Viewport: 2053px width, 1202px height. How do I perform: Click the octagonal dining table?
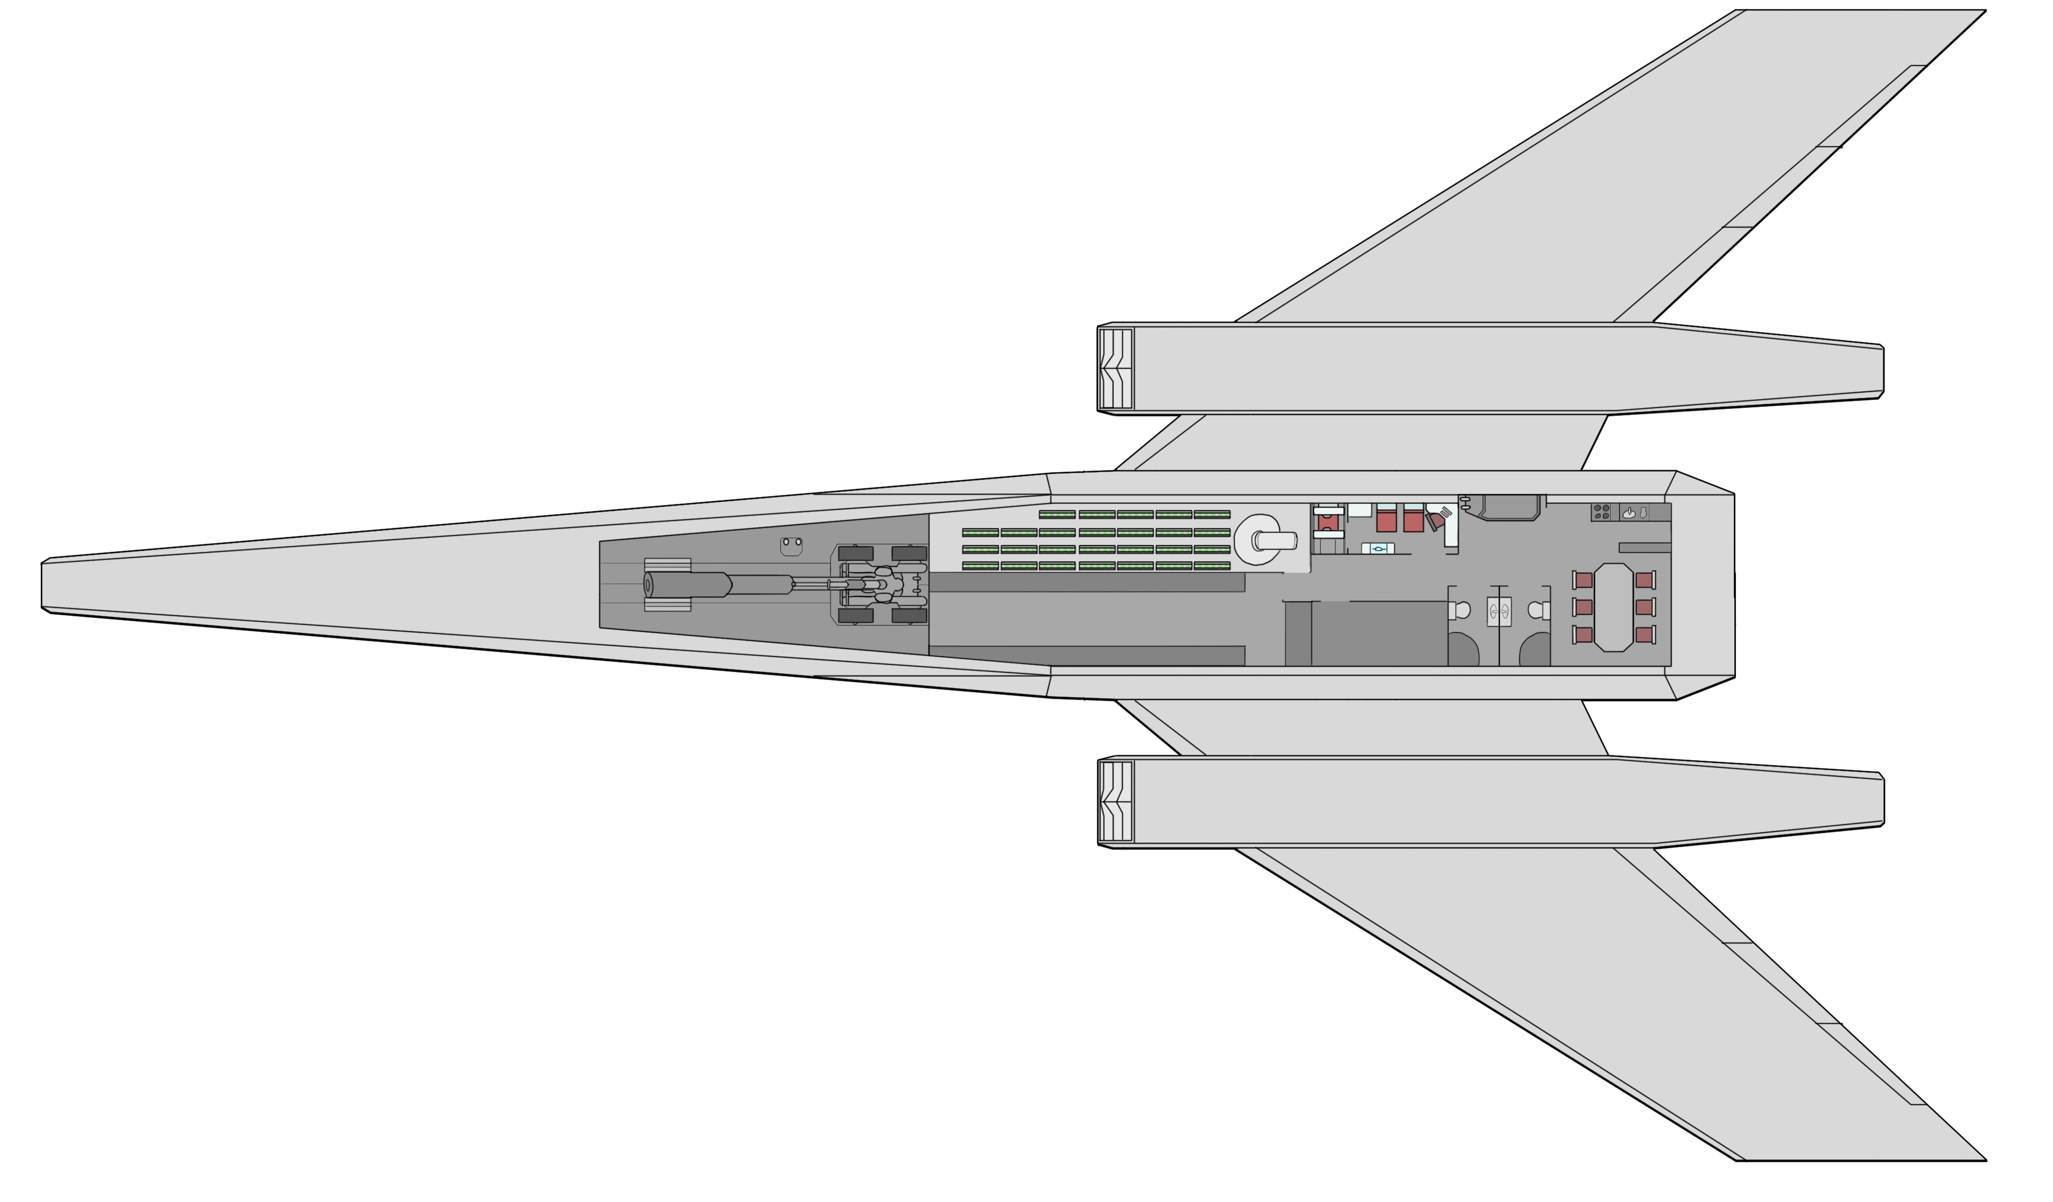click(x=1613, y=607)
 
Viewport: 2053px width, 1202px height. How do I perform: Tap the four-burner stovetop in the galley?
click(x=1601, y=512)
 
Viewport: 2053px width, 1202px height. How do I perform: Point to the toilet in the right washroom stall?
click(x=1536, y=609)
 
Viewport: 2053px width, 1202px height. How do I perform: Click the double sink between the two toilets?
click(x=1498, y=611)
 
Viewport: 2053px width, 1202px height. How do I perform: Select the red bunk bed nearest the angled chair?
click(x=1413, y=519)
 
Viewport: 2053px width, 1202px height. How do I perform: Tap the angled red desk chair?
click(x=1436, y=520)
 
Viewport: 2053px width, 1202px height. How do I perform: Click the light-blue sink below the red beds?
click(x=1378, y=548)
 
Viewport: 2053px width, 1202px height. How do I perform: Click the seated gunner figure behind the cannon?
click(x=881, y=585)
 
